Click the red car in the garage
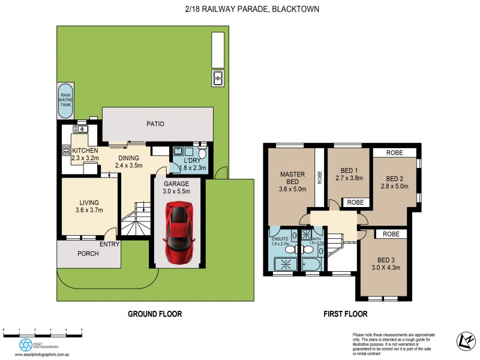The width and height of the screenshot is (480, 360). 179,227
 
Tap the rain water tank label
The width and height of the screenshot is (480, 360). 65,100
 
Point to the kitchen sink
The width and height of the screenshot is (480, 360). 80,128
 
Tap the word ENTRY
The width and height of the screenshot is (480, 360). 110,244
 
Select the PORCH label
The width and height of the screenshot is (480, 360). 88,253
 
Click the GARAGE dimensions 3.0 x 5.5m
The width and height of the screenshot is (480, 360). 177,192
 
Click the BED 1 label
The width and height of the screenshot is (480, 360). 347,170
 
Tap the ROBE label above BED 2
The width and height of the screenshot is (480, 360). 394,152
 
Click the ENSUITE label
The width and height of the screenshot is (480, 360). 280,239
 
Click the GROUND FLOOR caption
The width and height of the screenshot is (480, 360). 155,314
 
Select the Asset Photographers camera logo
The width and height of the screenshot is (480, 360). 26,344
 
